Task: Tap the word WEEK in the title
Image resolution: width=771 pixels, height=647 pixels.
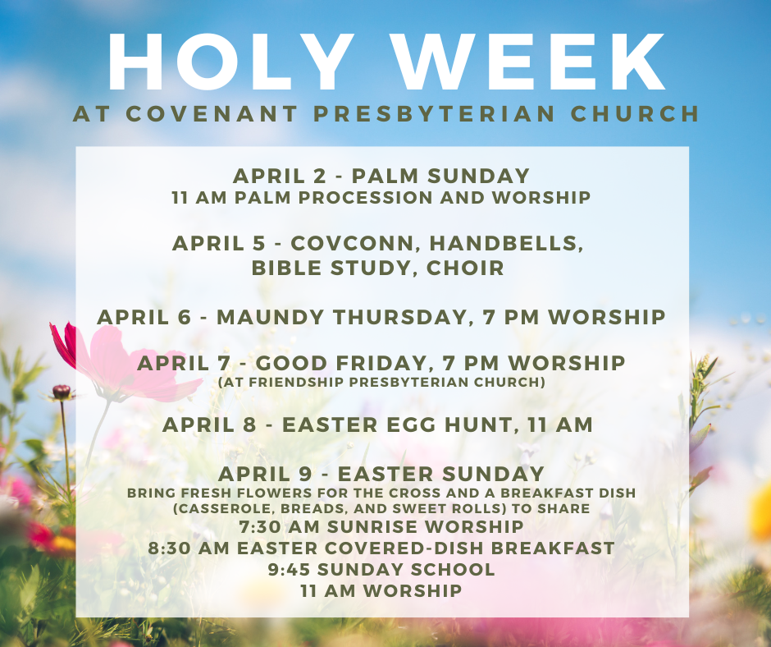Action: tap(531, 62)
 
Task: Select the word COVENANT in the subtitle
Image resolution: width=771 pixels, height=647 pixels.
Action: tap(212, 114)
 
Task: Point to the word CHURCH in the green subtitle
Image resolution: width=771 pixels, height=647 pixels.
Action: tap(635, 114)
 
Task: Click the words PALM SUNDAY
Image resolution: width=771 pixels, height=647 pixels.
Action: tap(440, 176)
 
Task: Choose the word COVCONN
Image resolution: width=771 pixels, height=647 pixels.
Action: tap(352, 243)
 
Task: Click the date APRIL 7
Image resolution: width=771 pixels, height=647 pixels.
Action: tap(184, 364)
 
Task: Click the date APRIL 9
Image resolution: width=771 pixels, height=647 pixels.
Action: tap(265, 475)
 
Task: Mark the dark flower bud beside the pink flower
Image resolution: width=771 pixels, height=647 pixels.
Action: tap(62, 392)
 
